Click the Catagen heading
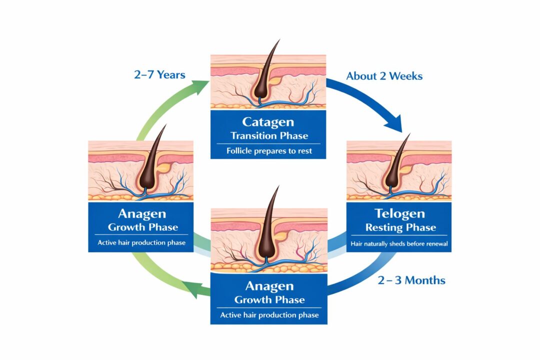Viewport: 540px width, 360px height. [269, 121]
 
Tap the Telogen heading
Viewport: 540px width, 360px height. [399, 214]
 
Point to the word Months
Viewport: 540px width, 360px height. [424, 279]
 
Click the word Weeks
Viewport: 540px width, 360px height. [405, 76]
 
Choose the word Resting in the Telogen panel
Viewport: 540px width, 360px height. [384, 227]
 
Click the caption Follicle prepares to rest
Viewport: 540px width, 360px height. [269, 151]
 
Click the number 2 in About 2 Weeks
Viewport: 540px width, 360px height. [382, 76]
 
